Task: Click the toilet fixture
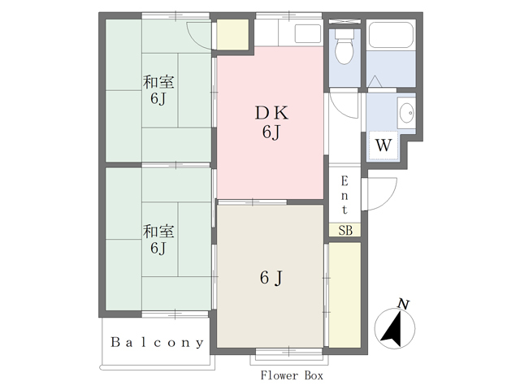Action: (344, 46)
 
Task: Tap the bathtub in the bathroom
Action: (391, 35)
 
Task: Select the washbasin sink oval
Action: (406, 113)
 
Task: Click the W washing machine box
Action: (383, 145)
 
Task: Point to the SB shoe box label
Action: (344, 230)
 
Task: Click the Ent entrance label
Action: (344, 195)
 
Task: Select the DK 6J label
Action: (271, 123)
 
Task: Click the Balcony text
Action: (157, 342)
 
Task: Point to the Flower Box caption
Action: (292, 375)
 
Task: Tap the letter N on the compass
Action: (404, 304)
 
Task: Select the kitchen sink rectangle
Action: (308, 33)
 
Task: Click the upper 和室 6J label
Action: (158, 90)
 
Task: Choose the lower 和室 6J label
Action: (158, 239)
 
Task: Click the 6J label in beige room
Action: (271, 278)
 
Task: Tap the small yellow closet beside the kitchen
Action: (232, 34)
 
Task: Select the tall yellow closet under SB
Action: (344, 295)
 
